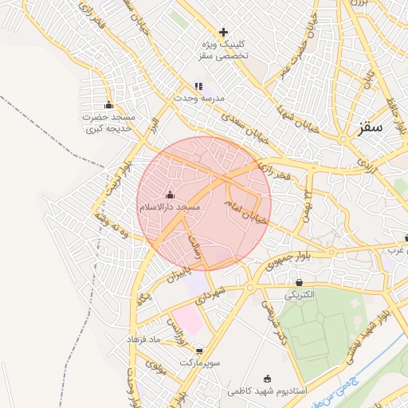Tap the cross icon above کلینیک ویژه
tap(223, 32)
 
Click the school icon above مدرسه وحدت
tap(198, 85)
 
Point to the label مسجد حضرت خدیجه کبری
tap(109, 123)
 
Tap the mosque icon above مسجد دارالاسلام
tap(169, 194)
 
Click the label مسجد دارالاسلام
tap(169, 207)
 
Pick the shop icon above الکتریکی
tap(299, 282)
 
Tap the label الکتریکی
tap(300, 295)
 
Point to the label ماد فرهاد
tap(143, 340)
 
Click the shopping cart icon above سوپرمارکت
tap(199, 351)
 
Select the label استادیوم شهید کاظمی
tap(266, 391)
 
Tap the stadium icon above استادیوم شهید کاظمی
tap(266, 379)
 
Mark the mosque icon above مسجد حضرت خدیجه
tap(109, 105)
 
